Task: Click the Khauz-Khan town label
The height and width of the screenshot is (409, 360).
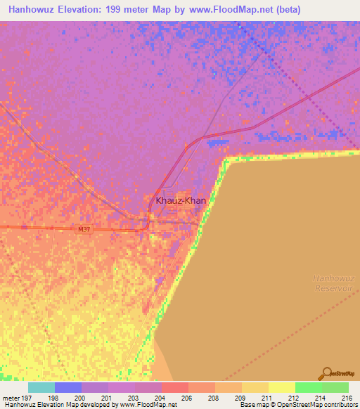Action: coord(181,201)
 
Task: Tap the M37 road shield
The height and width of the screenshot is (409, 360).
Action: coord(85,229)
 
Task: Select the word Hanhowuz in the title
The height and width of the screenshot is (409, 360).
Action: coord(30,10)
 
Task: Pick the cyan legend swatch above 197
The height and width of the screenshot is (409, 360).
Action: coord(41,387)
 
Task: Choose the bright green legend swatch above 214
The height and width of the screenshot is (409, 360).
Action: coord(309,387)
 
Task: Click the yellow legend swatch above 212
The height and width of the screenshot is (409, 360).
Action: coord(282,387)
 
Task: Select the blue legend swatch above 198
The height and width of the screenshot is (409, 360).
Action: coord(68,387)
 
